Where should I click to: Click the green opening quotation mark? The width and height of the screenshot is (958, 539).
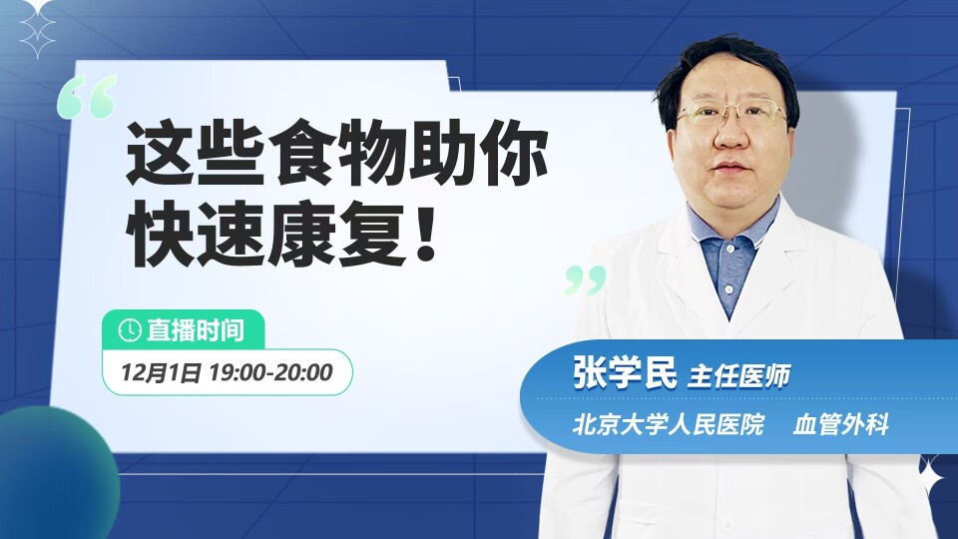coord(87,97)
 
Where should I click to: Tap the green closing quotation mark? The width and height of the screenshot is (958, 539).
coord(586,280)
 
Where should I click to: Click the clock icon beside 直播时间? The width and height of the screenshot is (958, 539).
coord(130,330)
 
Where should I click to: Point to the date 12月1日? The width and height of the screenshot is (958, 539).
coord(160,372)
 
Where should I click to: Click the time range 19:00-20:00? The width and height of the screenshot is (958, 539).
coord(270,372)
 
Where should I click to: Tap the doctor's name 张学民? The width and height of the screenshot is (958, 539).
coord(625,371)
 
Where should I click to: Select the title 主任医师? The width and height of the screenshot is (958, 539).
coord(739,375)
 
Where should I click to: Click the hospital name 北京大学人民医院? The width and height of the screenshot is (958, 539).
coord(669,424)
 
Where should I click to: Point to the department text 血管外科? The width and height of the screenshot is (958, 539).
coord(840,424)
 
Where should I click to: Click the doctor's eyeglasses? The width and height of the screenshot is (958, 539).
coord(732,114)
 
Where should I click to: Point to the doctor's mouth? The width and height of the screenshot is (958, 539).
coord(730,168)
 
